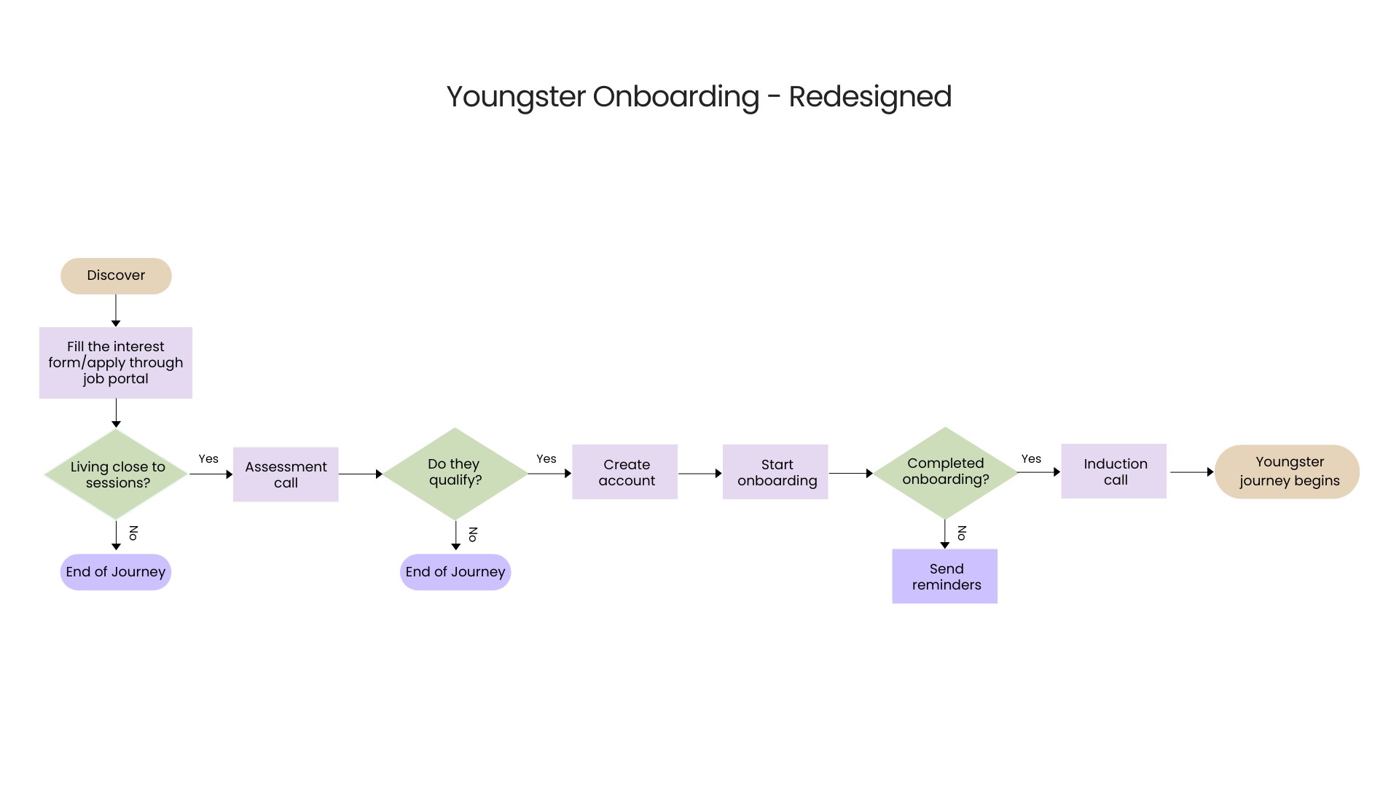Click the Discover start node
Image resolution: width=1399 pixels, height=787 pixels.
tap(116, 276)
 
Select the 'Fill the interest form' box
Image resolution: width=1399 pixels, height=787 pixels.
tap(116, 363)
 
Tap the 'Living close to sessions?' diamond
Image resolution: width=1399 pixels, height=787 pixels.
tap(117, 474)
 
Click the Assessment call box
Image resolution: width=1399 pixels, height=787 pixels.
tap(286, 474)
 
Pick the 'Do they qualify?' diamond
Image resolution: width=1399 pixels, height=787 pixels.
tap(455, 473)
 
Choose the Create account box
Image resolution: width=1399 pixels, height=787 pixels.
tap(625, 472)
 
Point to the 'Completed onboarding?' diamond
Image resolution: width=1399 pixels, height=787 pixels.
tap(945, 472)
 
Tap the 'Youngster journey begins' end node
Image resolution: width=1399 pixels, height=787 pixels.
tap(1287, 471)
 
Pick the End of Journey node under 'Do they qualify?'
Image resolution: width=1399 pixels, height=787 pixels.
tap(455, 572)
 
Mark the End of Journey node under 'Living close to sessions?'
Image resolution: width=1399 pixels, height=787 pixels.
tap(116, 572)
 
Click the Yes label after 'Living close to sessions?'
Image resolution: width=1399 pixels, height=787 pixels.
tap(208, 459)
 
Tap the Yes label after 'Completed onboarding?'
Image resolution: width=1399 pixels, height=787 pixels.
tap(1031, 459)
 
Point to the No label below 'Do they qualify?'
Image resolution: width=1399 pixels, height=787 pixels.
tap(473, 534)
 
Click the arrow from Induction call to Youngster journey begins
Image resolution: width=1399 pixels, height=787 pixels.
tap(1191, 472)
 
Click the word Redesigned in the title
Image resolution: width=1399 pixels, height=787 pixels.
tap(870, 97)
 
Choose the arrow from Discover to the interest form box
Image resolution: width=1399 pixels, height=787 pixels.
tap(116, 310)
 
